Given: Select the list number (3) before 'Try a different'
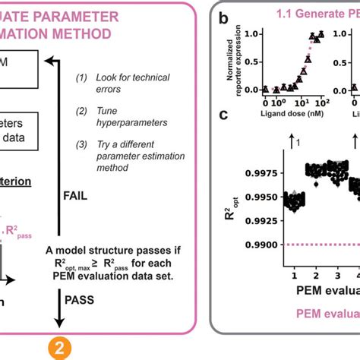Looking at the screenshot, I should tap(82, 144).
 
